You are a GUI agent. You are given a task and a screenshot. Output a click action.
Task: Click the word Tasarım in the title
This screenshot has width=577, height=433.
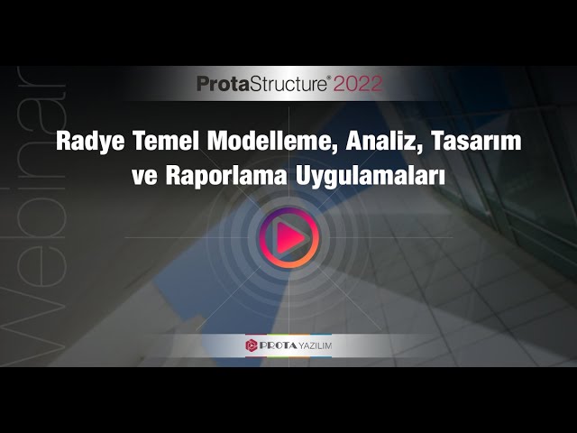point(477,141)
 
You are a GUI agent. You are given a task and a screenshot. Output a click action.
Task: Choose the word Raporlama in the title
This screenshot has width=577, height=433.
point(226,177)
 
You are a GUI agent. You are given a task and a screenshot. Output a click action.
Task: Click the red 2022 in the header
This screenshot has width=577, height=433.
point(359,84)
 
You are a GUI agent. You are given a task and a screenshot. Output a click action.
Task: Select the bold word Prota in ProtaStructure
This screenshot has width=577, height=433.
point(223,84)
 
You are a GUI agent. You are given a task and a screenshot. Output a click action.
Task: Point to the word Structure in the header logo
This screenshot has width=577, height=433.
point(288,84)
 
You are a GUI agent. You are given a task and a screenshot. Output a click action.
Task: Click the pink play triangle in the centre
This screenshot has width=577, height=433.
point(289,237)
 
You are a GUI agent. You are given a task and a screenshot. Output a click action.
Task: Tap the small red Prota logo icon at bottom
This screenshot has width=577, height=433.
point(252,345)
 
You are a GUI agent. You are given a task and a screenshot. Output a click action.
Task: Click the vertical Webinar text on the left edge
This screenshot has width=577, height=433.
point(34,216)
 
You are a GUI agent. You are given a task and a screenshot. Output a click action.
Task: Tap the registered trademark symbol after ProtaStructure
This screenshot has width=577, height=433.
point(329,78)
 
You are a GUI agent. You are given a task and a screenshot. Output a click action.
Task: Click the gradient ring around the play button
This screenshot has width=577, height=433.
point(289,210)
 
